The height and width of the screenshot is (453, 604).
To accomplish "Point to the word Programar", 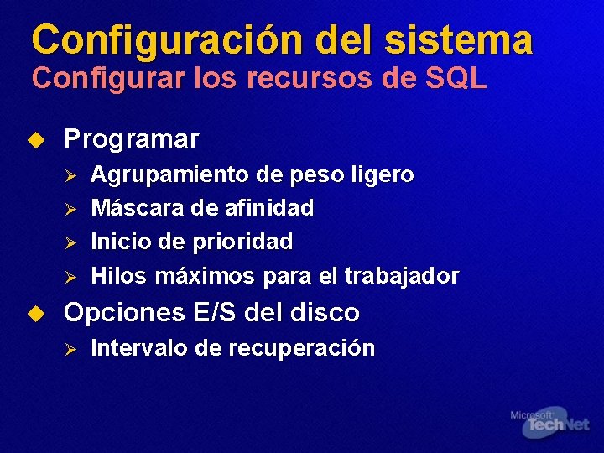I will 132,138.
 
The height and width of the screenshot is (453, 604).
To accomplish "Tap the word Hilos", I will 115,275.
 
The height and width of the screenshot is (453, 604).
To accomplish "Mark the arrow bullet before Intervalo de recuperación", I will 71,348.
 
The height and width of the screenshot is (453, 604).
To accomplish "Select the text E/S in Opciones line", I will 213,313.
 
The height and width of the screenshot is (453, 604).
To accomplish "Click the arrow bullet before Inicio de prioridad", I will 71,242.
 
